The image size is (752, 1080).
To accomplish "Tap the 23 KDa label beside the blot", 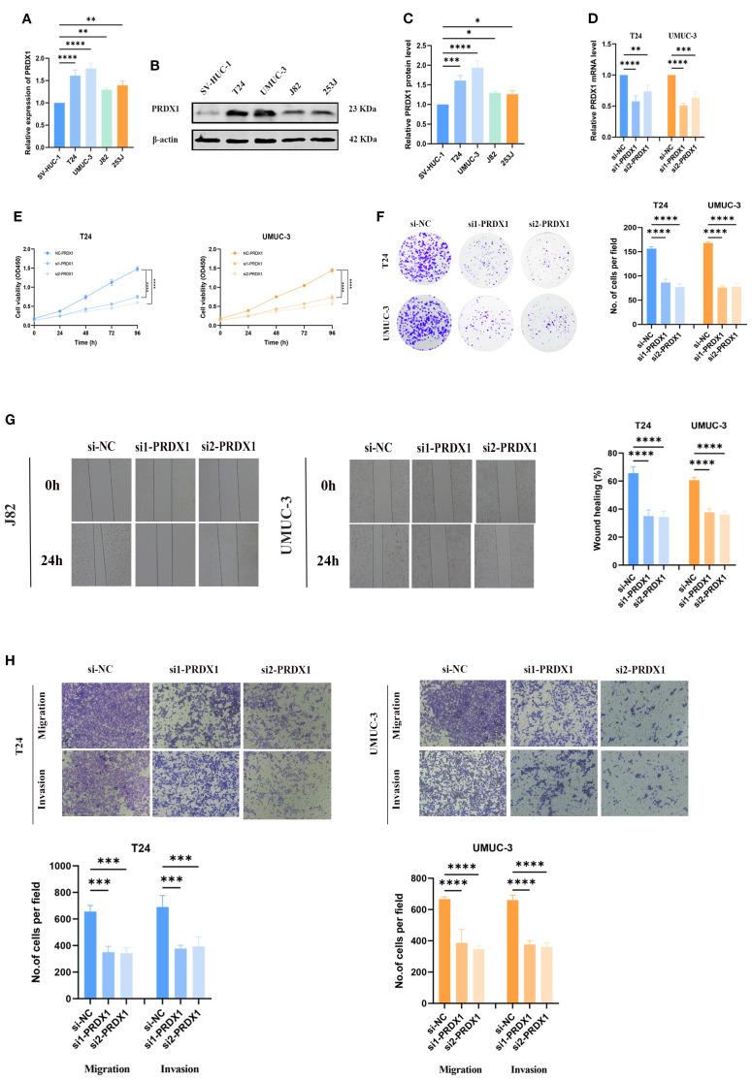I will [x=368, y=110].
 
